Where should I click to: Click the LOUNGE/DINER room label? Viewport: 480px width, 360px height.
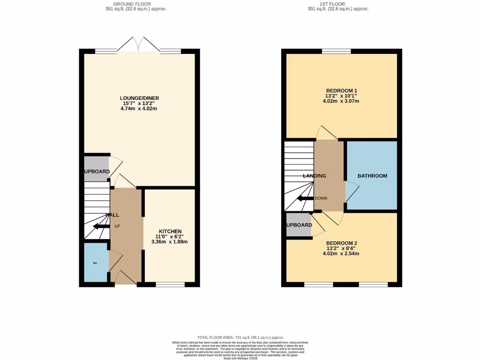(x=139, y=97)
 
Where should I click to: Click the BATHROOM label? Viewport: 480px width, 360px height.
(x=372, y=176)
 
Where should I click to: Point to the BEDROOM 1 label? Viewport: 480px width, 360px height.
(x=342, y=90)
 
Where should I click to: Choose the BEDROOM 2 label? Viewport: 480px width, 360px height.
(x=342, y=243)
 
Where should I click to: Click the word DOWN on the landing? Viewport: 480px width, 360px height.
(x=321, y=198)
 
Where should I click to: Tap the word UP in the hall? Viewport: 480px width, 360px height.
(x=118, y=226)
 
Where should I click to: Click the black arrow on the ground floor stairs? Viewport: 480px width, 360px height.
(x=101, y=226)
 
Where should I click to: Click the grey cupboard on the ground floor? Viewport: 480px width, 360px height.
(x=96, y=171)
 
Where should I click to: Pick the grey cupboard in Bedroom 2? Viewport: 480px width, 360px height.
(x=299, y=225)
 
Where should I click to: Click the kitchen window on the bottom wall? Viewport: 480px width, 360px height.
(x=170, y=284)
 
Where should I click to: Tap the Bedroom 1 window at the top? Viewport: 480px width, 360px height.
(x=336, y=51)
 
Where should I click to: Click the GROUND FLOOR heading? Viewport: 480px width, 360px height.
(x=136, y=4)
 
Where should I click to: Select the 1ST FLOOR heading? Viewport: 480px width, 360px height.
(x=337, y=4)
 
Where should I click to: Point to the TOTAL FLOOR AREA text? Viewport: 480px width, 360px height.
(x=240, y=337)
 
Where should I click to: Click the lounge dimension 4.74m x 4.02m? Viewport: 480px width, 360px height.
(x=139, y=109)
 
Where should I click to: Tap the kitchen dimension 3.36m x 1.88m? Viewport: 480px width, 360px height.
(x=169, y=242)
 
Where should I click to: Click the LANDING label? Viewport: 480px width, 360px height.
(x=314, y=176)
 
